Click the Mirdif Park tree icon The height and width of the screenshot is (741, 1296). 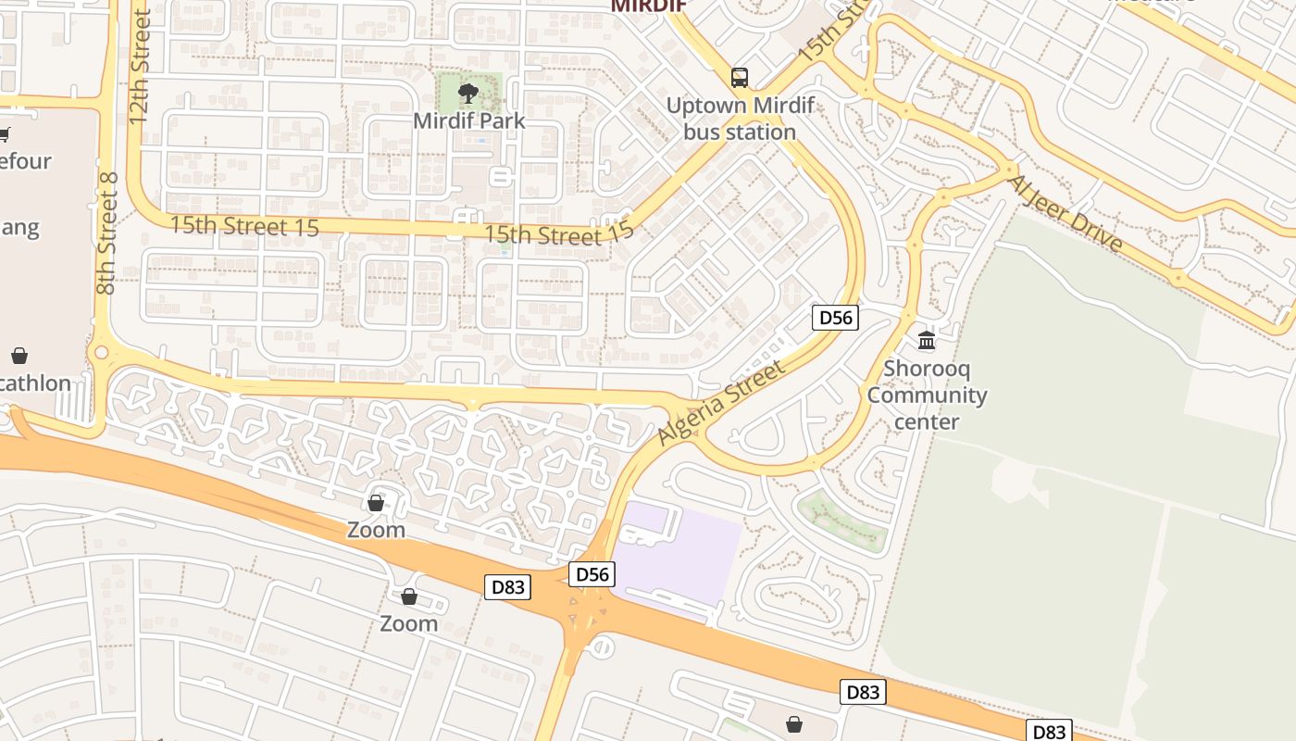[x=468, y=93]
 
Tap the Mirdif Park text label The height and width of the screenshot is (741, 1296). [x=468, y=120]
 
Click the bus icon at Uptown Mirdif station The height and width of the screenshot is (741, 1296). [x=739, y=77]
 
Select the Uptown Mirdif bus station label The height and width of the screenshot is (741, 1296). [x=740, y=119]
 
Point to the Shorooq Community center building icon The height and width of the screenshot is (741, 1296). [x=926, y=341]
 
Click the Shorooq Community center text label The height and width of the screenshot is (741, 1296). [x=927, y=395]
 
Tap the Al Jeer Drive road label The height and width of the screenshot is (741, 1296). [x=1065, y=214]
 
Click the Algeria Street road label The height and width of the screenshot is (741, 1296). [x=721, y=403]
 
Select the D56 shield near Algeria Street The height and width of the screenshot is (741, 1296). [x=835, y=318]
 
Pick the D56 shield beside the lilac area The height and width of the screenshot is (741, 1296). [x=592, y=574]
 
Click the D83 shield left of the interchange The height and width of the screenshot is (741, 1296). [x=507, y=586]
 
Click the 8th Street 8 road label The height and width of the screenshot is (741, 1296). [x=107, y=233]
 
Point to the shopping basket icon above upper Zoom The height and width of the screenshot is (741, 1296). [x=376, y=503]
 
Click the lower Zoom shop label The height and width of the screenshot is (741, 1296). [x=408, y=623]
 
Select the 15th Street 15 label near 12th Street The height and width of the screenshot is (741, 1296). [x=244, y=226]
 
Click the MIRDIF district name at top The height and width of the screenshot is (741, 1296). [x=648, y=6]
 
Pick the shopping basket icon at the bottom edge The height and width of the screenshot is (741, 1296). [x=793, y=723]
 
